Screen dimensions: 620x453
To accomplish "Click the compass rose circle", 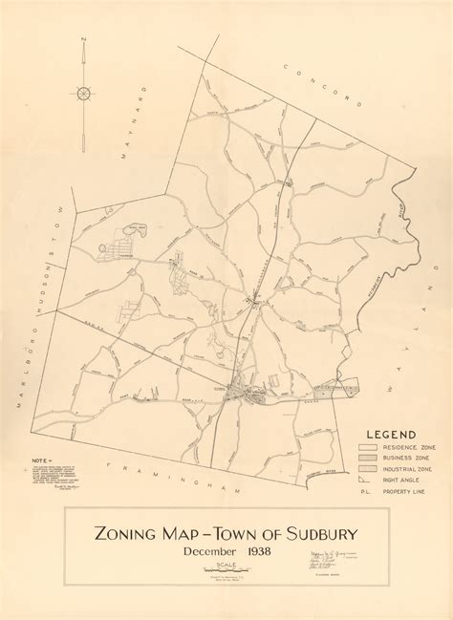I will (x=84, y=93).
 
